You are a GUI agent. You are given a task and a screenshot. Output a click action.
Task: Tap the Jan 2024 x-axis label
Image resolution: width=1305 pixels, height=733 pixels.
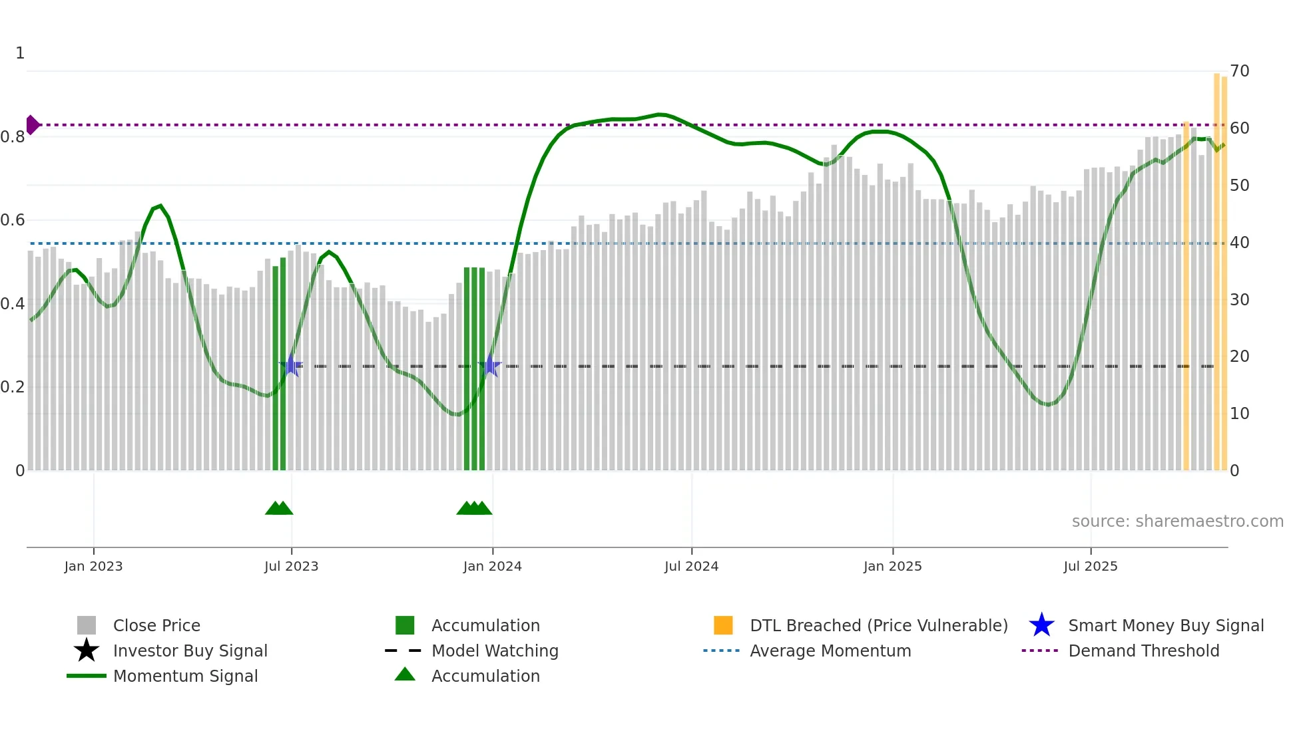tap(492, 566)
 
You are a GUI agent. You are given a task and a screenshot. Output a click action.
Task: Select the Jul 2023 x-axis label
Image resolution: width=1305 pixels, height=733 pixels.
tap(291, 566)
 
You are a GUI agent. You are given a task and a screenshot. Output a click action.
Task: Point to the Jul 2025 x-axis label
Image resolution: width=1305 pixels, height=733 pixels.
tap(1090, 566)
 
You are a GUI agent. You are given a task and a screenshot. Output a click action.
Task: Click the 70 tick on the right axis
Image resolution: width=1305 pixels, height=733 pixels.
tap(1239, 71)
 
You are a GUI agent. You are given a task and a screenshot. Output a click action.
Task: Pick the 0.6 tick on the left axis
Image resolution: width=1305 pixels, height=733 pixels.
tap(13, 220)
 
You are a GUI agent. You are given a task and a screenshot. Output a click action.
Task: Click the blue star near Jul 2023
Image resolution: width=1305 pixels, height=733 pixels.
tap(291, 365)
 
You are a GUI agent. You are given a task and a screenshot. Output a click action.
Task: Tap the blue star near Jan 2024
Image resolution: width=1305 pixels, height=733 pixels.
tap(490, 365)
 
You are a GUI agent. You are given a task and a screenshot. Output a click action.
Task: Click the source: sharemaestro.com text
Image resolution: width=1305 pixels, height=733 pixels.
tap(1177, 521)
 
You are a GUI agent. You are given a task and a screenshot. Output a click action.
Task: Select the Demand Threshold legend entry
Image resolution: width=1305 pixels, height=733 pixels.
tap(1143, 651)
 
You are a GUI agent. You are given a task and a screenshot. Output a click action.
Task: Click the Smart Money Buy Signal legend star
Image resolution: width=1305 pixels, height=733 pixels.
tap(1041, 625)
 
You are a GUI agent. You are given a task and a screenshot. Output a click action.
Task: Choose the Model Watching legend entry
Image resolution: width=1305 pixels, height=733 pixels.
tap(494, 651)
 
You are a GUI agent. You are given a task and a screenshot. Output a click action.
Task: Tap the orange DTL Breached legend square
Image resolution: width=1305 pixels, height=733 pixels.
tap(723, 625)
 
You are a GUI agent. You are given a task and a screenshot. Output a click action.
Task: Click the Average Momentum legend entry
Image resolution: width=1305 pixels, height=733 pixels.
tap(830, 651)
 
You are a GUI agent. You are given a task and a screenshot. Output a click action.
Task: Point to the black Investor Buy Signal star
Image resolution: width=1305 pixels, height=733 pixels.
tap(87, 651)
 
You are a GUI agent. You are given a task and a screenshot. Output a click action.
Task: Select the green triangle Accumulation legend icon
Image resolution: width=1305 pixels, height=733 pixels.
tap(405, 674)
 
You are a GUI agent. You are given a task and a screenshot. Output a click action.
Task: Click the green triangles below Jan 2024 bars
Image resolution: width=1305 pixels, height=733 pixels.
tap(474, 508)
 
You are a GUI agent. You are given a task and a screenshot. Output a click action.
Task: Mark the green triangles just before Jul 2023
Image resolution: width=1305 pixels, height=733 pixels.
tap(279, 508)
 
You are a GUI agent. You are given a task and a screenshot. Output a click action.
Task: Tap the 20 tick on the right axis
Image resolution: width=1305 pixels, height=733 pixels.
tap(1239, 357)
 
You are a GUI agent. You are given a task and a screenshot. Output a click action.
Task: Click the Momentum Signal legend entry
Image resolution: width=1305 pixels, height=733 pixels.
tap(185, 676)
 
